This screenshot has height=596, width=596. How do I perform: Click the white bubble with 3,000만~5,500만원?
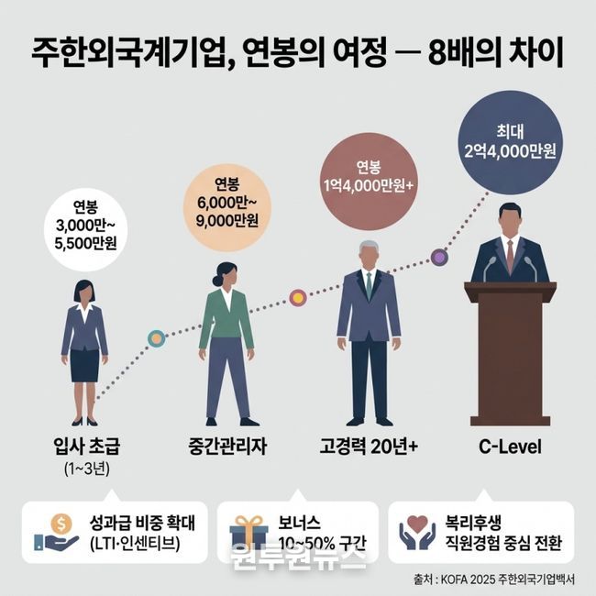[85, 229]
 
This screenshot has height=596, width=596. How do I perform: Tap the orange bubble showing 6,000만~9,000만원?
[226, 207]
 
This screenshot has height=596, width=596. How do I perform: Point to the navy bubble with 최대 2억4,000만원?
[510, 142]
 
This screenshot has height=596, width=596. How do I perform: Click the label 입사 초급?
[87, 446]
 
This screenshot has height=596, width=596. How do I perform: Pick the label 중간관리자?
[227, 446]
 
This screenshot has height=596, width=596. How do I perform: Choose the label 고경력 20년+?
[369, 446]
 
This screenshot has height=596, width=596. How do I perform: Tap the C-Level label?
[510, 447]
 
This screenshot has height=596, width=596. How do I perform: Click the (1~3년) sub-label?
[87, 469]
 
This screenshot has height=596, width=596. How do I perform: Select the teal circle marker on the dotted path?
[156, 338]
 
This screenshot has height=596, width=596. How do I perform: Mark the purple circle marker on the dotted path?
[439, 258]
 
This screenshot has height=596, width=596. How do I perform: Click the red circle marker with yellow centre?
[298, 298]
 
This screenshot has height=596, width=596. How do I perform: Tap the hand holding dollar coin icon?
[56, 532]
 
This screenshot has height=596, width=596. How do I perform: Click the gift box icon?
[248, 533]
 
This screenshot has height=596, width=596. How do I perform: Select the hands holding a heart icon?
[417, 532]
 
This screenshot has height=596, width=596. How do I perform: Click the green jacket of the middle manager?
[226, 318]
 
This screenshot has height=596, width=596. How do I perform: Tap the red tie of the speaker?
[510, 254]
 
